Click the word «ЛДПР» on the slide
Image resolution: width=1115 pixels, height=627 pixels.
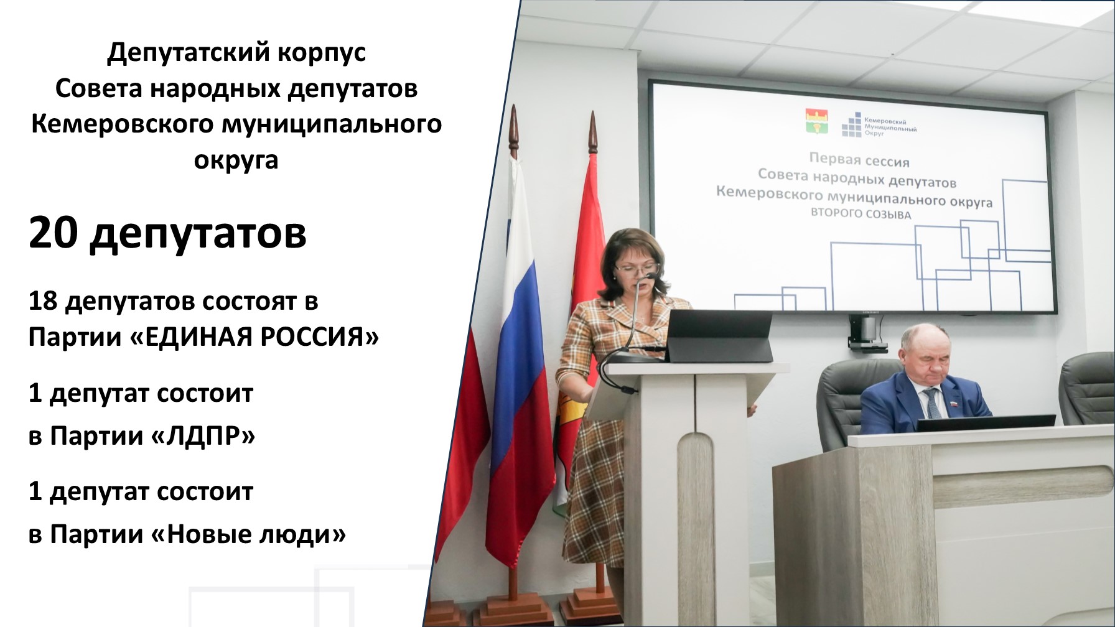(203, 436)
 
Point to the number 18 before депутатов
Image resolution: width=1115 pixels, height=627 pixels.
(43, 301)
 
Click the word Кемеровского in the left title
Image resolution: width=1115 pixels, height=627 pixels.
(122, 124)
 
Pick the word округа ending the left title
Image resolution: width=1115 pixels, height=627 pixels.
(236, 160)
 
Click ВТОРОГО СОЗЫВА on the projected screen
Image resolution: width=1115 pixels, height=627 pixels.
(861, 213)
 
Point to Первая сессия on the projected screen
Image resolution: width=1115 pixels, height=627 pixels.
(859, 160)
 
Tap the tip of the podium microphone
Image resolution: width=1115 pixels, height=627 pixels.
(651, 275)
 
